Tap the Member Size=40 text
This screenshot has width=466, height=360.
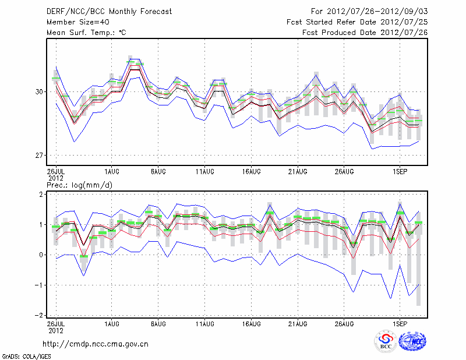coord(73,22)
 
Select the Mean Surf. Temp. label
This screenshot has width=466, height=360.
coord(86,33)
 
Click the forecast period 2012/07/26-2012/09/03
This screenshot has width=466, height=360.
coord(369,12)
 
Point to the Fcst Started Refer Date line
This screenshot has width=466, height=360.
coord(357,22)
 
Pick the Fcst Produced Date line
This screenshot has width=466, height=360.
coord(365,33)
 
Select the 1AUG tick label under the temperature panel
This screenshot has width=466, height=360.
coord(112,172)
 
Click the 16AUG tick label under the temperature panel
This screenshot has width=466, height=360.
coord(251,172)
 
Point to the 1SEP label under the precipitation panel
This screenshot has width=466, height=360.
coord(400,322)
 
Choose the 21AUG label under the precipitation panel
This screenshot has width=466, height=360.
coord(298,322)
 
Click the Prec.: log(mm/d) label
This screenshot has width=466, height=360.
coord(80,185)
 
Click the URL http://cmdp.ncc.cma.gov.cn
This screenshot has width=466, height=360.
coord(96,344)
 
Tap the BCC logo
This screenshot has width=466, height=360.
coord(386,342)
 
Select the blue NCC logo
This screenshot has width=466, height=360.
coord(412,342)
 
